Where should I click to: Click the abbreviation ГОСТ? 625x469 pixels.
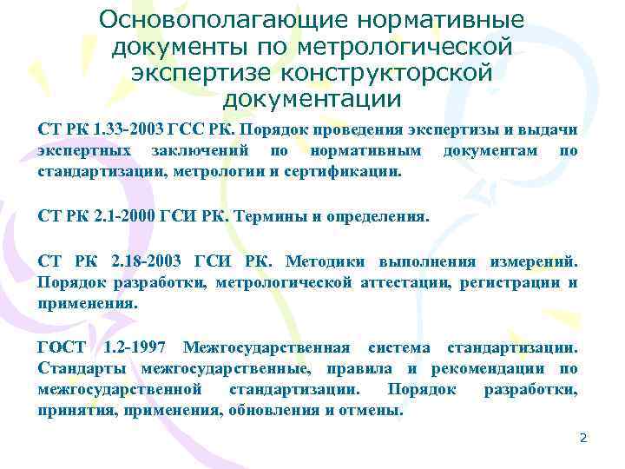pyautogui.click(x=62, y=347)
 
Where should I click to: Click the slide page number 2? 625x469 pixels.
pyautogui.click(x=583, y=439)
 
